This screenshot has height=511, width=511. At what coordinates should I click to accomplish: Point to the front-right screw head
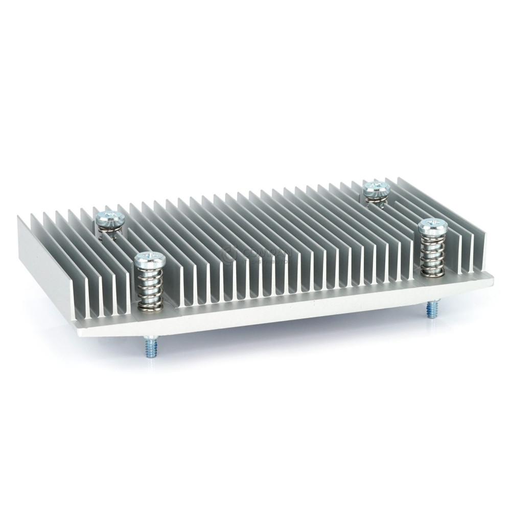coord(432,225)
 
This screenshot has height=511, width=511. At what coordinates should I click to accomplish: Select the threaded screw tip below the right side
coord(429,310)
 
